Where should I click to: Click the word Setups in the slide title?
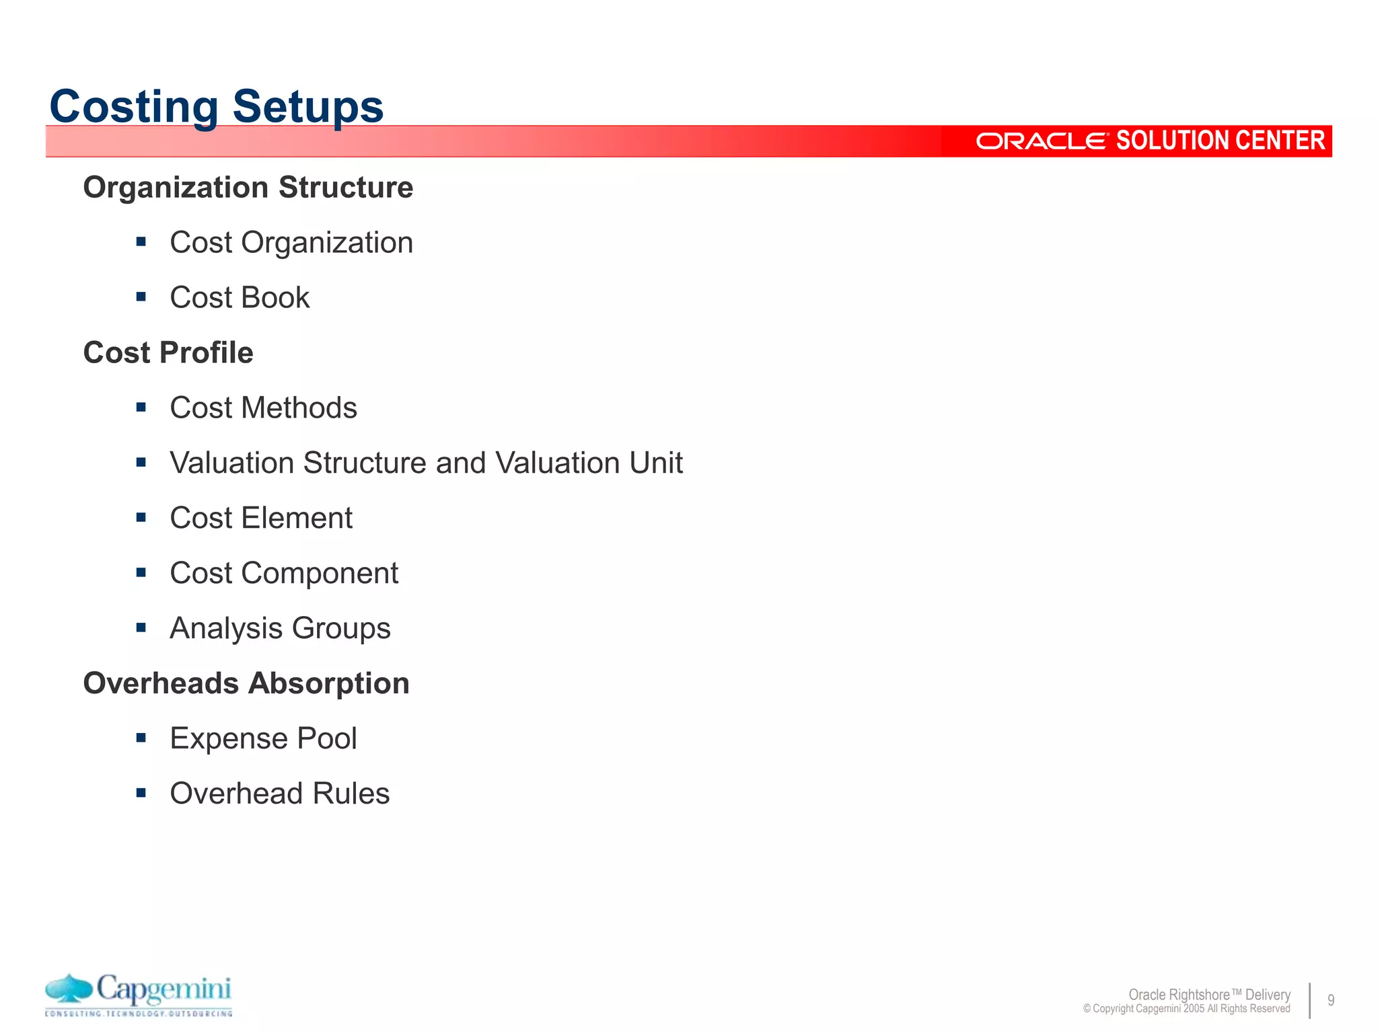click(x=307, y=107)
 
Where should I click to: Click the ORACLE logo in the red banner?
click(x=1041, y=141)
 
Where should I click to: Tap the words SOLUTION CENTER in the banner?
click(x=1220, y=141)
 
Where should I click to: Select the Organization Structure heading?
click(x=248, y=187)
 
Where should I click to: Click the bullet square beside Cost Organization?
click(x=141, y=241)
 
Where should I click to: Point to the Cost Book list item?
click(x=240, y=297)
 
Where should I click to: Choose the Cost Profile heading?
click(x=168, y=352)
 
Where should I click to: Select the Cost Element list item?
click(x=261, y=518)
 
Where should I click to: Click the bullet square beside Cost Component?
click(x=141, y=572)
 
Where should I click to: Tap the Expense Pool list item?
click(x=263, y=738)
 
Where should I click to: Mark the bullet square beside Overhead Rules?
click(x=141, y=793)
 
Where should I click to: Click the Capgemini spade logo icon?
click(x=69, y=988)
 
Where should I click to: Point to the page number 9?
click(x=1330, y=1000)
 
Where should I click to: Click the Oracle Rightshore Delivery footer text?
click(x=1209, y=994)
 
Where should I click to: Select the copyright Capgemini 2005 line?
click(x=1186, y=1009)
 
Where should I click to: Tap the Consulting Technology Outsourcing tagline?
click(x=139, y=1013)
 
